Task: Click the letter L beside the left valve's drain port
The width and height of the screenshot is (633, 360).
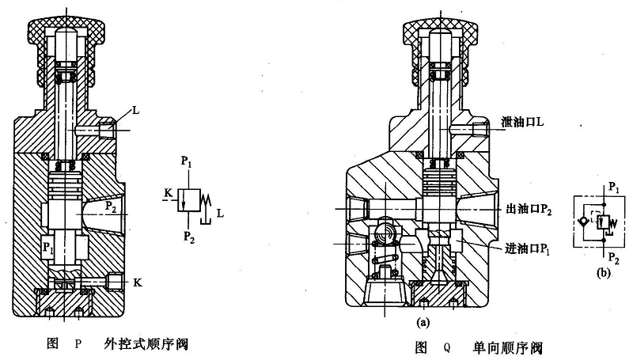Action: click(135, 112)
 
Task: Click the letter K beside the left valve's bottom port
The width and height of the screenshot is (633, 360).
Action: click(138, 282)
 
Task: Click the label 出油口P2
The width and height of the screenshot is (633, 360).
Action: click(526, 209)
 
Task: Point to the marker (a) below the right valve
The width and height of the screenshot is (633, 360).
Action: click(426, 323)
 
